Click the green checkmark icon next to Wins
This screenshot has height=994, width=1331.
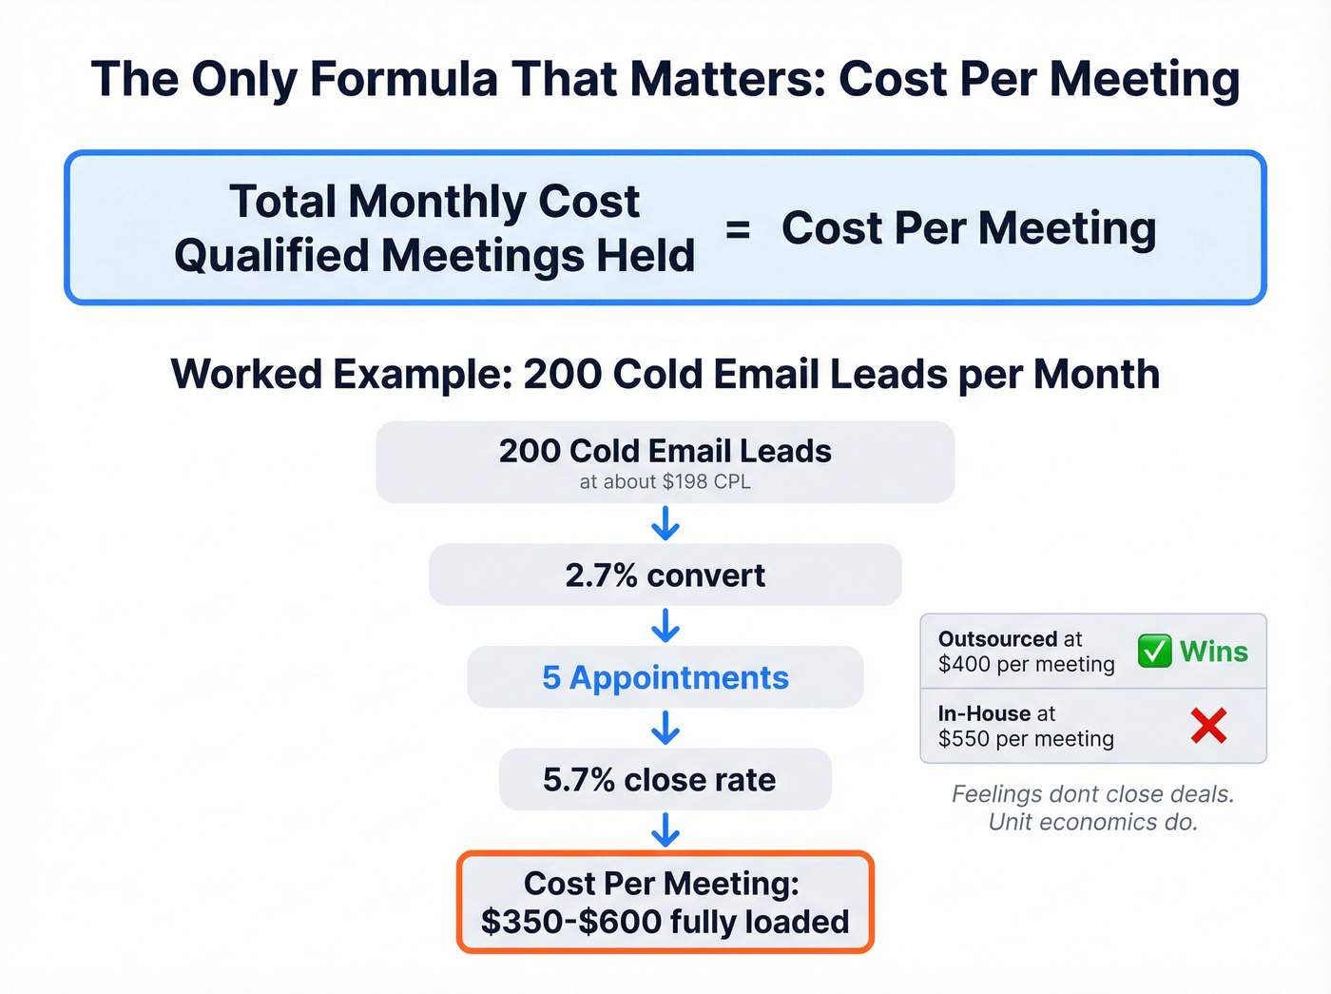[x=1154, y=652]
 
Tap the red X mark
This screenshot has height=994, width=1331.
[x=1208, y=726]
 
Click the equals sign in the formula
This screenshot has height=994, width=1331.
[x=738, y=229]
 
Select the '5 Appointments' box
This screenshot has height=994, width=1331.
[x=665, y=677]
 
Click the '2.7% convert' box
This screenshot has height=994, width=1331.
[x=665, y=575]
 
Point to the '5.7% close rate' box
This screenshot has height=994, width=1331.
[x=665, y=780]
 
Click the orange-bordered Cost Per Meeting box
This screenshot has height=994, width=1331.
[x=665, y=903]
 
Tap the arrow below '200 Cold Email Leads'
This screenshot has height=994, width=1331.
[x=665, y=523]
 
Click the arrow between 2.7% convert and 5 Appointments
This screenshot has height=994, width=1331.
[x=665, y=626]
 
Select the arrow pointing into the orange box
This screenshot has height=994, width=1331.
[x=665, y=829]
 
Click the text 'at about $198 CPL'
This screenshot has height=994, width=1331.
[x=665, y=482]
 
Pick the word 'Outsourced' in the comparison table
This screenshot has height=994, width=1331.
[x=996, y=639]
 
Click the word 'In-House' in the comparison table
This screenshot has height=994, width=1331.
[x=984, y=713]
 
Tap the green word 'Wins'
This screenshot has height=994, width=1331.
[x=1214, y=652]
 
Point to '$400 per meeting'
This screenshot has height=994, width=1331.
[x=1026, y=664]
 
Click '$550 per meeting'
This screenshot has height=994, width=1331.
[x=1026, y=739]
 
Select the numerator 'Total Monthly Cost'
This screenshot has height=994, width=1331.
[x=434, y=202]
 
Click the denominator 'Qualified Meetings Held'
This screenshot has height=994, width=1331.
[x=434, y=256]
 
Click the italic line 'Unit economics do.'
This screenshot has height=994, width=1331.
[x=1093, y=822]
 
